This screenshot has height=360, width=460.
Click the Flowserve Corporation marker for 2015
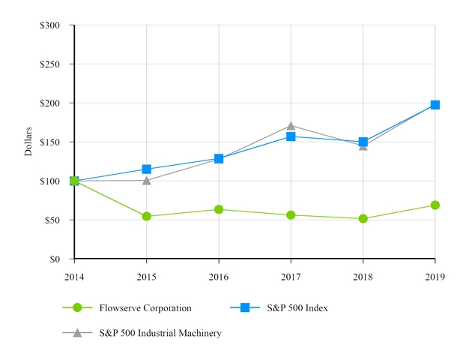[147, 216]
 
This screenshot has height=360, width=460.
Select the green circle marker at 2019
[435, 205]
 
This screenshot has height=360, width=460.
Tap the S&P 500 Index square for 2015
[147, 169]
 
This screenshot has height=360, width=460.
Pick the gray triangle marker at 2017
[291, 125]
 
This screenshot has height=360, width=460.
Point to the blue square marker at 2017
[291, 136]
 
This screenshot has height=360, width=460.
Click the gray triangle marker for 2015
[147, 180]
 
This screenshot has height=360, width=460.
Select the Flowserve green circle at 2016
[219, 209]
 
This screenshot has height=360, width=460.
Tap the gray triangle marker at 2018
[363, 145]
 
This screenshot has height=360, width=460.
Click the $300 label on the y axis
[51, 25]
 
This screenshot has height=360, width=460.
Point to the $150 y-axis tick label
[51, 142]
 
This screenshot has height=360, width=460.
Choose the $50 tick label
[53, 220]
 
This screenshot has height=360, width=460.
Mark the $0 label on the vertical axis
[56, 259]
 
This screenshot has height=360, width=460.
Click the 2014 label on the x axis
[74, 277]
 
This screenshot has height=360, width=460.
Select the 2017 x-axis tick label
[291, 277]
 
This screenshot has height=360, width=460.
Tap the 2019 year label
[435, 277]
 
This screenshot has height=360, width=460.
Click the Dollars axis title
[28, 142]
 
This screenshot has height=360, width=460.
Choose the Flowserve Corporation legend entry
[145, 307]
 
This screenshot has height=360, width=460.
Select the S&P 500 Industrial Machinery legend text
[160, 333]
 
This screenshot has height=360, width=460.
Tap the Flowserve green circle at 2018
[363, 218]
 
